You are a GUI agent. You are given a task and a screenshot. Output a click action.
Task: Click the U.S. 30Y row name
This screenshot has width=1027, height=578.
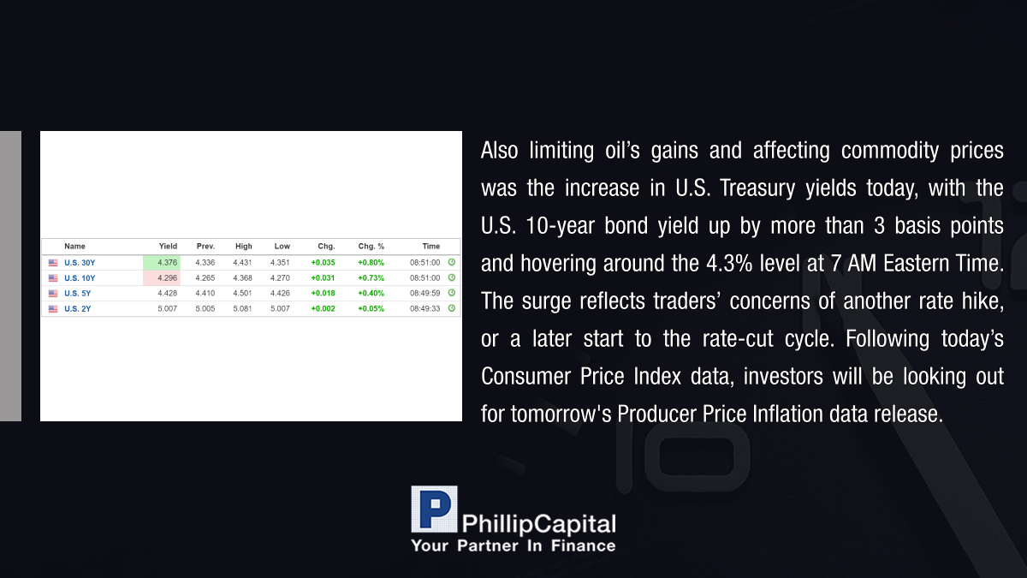click(x=80, y=263)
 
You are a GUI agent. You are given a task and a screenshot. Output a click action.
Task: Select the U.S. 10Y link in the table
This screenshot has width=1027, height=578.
click(x=80, y=278)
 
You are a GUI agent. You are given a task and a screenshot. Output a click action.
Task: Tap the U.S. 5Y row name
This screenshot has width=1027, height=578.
click(x=78, y=293)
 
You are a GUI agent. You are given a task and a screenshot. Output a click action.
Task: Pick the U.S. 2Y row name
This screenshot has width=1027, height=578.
click(x=78, y=309)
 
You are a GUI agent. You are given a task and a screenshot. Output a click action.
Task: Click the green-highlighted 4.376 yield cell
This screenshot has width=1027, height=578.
click(x=162, y=262)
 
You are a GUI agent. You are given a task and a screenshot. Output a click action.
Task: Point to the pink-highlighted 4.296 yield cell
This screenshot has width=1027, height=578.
click(x=162, y=278)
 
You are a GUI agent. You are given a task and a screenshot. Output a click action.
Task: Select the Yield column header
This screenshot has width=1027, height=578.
click(x=168, y=247)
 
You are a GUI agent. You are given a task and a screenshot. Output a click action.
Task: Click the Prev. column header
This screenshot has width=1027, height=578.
click(x=205, y=247)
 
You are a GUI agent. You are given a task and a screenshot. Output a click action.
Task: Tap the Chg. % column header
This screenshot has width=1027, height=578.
click(x=371, y=247)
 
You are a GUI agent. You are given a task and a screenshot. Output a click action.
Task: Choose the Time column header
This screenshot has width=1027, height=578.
click(x=431, y=247)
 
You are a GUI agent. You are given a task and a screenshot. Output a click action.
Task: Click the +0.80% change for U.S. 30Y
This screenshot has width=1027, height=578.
click(x=371, y=263)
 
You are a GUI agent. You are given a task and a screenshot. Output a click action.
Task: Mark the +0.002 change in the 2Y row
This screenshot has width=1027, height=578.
click(x=324, y=309)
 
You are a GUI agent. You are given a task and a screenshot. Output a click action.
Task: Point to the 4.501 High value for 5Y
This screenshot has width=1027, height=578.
click(x=242, y=293)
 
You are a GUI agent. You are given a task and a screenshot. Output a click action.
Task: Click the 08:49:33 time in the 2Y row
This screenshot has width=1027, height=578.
click(x=425, y=309)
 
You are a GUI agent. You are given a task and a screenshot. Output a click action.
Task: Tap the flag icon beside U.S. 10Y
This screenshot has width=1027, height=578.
click(x=53, y=278)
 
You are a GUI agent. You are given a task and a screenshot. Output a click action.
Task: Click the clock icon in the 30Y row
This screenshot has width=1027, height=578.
click(x=452, y=262)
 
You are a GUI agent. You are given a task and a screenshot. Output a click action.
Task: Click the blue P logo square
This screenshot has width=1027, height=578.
click(x=434, y=509)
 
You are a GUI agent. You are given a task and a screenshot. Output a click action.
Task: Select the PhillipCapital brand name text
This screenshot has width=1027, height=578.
click(x=538, y=524)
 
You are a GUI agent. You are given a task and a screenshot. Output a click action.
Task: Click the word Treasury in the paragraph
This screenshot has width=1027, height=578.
click(x=757, y=188)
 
